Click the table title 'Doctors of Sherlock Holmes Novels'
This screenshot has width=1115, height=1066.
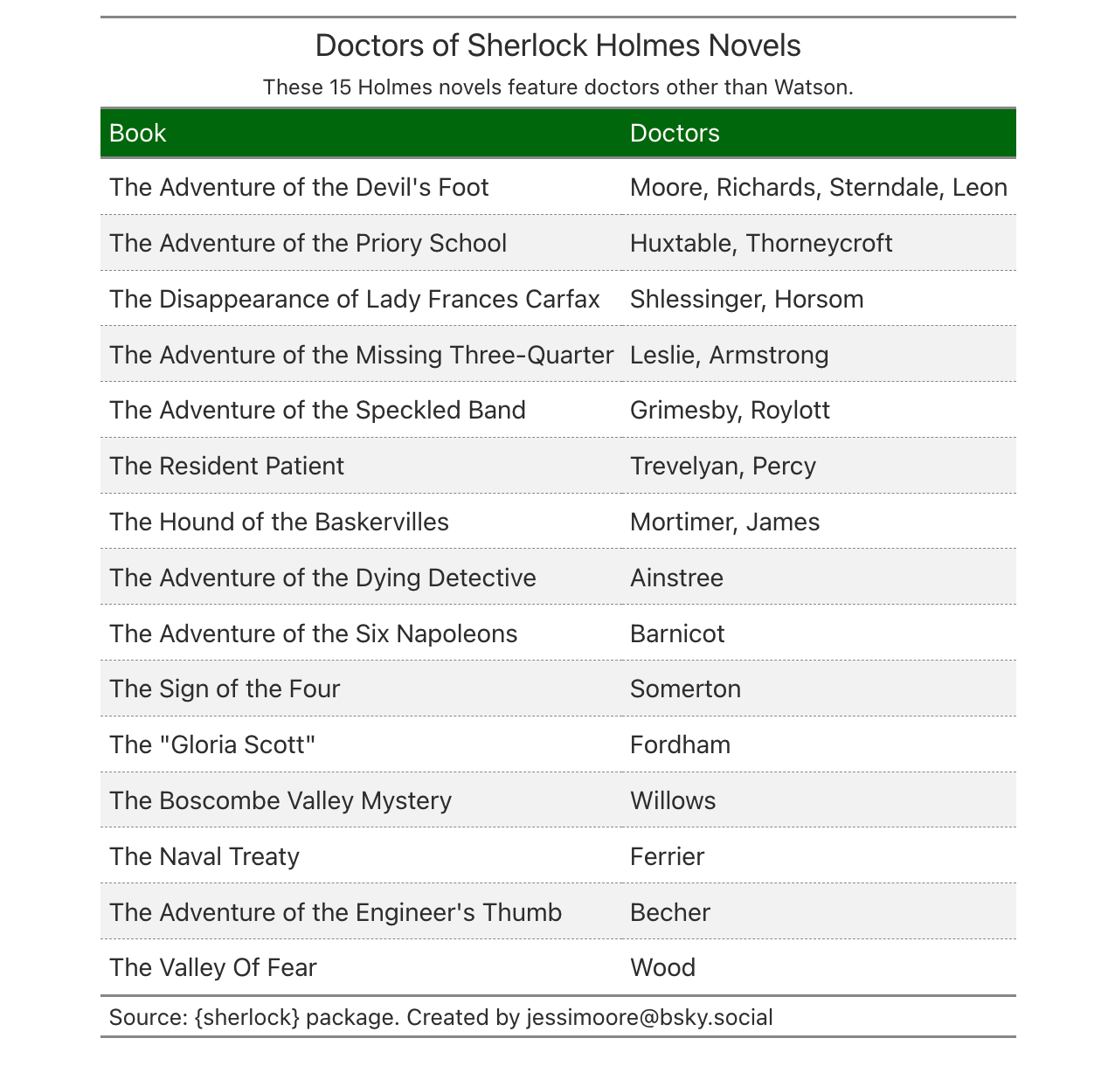(557, 45)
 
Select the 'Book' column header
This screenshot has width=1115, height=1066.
(137, 133)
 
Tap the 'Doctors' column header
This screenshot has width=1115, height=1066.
(675, 133)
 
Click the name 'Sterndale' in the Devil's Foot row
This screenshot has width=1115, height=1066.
(883, 188)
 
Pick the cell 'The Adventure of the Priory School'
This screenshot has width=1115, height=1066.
(308, 243)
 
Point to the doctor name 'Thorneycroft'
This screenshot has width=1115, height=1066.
(819, 243)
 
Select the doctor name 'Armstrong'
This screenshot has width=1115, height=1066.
(768, 355)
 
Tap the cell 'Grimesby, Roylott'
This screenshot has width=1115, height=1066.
(730, 411)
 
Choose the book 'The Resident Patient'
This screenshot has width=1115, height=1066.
(226, 466)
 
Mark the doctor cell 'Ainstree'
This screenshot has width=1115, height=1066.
(676, 578)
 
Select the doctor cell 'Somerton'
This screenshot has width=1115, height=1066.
(685, 689)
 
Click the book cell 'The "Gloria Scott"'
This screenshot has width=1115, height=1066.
(211, 744)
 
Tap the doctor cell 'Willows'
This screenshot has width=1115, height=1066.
(673, 800)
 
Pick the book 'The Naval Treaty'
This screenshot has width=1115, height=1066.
(204, 856)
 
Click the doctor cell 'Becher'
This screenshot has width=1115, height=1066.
(670, 912)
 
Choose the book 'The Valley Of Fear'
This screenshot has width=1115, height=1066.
(212, 967)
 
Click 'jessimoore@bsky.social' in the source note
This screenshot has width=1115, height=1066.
(649, 1017)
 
